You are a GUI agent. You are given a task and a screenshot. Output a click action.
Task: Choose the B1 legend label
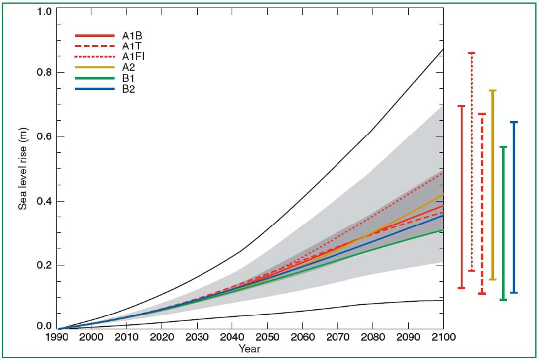click(129, 78)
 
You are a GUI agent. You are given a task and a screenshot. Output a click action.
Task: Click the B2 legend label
click(129, 89)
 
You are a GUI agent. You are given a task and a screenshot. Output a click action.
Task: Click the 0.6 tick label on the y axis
click(43, 136)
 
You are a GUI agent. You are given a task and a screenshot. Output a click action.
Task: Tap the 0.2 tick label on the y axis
click(43, 265)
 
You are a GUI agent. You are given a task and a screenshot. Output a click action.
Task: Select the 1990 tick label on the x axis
click(58, 337)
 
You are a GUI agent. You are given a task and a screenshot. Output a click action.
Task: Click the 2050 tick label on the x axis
click(267, 337)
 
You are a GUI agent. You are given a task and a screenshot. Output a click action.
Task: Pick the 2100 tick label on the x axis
click(443, 337)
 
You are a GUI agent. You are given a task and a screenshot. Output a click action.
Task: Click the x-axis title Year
click(249, 349)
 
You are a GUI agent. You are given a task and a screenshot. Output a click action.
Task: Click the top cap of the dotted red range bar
click(471, 53)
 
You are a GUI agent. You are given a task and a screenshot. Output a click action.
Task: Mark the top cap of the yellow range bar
click(492, 91)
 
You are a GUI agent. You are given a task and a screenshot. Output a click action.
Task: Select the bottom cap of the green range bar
click(503, 300)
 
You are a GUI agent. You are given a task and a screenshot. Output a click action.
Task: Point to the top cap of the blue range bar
click(514, 122)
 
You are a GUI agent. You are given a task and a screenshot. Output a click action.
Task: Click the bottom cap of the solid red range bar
click(461, 288)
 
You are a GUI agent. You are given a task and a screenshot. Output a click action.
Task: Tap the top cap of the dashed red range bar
click(481, 114)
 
